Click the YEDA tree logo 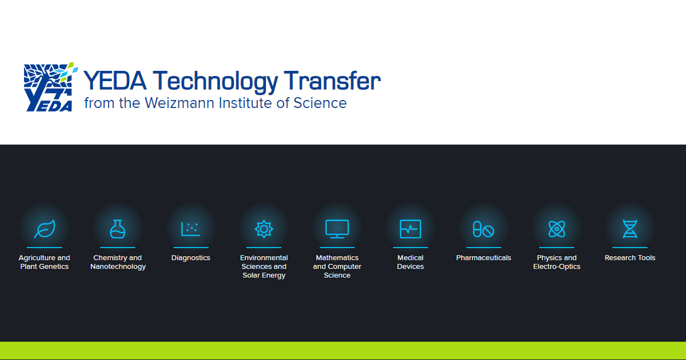tap(49, 87)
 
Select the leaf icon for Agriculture tap(45, 229)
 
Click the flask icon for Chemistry tap(118, 229)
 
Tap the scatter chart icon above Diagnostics tap(190, 229)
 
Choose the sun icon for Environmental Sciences tap(264, 229)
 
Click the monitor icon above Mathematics tap(337, 229)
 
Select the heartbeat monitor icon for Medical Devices tap(410, 229)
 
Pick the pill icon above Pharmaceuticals tap(484, 229)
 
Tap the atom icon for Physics tap(557, 229)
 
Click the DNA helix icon tap(630, 229)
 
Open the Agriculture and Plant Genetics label tap(45, 262)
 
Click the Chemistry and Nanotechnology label tap(118, 262)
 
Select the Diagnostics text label tap(191, 258)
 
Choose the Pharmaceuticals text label tap(484, 258)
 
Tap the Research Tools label tap(630, 258)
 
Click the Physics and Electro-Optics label tap(557, 262)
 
